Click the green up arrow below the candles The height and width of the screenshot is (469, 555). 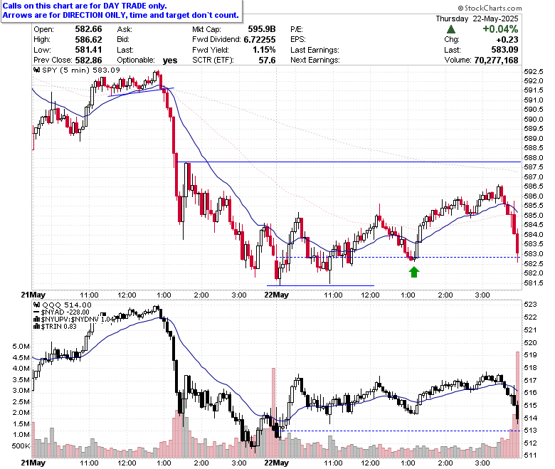coord(414,272)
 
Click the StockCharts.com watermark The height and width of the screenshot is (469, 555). coord(490,8)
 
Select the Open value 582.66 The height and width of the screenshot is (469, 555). coord(88,29)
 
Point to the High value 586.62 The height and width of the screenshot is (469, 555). coord(88,39)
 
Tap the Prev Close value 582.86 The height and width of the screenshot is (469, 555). coord(88,60)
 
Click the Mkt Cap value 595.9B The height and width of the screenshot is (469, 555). coord(262,29)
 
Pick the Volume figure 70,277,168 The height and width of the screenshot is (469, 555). coord(496,60)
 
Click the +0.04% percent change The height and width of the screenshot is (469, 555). coord(500,29)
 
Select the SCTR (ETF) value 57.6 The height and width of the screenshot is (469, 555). coord(267,60)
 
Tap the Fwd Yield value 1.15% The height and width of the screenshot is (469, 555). coord(264,50)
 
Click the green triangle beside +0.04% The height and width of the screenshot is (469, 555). coord(451,29)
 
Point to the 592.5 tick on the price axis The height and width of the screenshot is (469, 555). coord(534,71)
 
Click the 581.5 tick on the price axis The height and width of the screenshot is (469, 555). coord(534,283)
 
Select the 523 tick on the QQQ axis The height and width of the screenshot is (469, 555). coord(530,305)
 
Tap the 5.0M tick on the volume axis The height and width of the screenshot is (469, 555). coord(21,346)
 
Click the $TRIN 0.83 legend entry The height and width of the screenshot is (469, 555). coord(55,327)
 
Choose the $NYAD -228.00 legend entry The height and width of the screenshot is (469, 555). coord(62,312)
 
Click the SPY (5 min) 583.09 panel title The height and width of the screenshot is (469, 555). coord(77,70)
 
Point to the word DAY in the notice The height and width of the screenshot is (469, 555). coord(112,6)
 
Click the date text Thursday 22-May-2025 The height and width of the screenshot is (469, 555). coord(477,19)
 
